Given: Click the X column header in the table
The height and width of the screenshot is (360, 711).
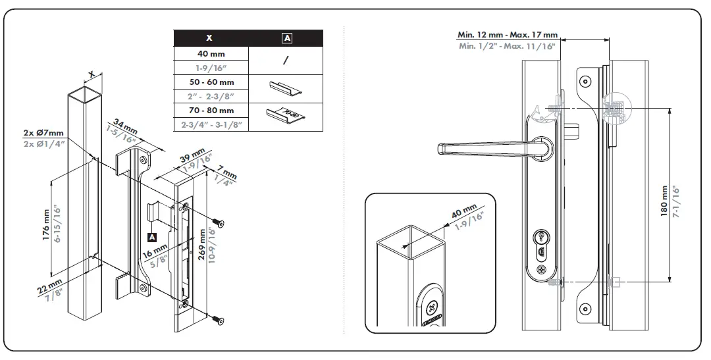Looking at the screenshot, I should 209,38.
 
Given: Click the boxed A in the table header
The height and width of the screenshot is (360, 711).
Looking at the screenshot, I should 286,38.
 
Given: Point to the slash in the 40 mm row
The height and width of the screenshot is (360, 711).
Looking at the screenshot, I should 286,61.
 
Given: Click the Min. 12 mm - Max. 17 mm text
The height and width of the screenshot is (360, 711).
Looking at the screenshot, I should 507,35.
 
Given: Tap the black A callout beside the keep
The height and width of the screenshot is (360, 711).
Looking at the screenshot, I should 152,236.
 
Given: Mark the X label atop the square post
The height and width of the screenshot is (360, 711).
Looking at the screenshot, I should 92,74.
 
